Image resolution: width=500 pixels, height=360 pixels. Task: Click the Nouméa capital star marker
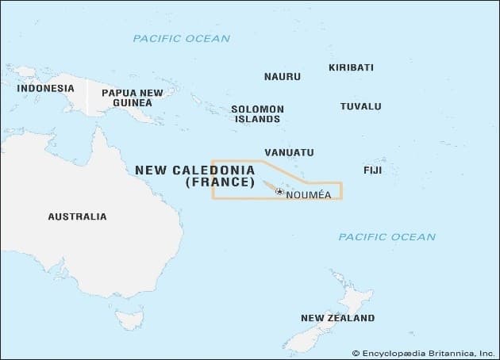pyautogui.click(x=279, y=191)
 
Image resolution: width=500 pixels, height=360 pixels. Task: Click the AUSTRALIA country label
pyautogui.click(x=77, y=216)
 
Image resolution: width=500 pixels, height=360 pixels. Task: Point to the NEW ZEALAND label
pyautogui.click(x=337, y=318)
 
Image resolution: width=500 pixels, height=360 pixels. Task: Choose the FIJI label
pyautogui.click(x=372, y=170)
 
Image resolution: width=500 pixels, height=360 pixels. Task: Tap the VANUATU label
pyautogui.click(x=289, y=152)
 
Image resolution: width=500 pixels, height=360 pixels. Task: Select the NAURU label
pyautogui.click(x=282, y=77)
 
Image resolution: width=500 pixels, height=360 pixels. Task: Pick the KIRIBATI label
pyautogui.click(x=351, y=67)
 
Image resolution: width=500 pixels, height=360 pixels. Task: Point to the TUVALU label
pyautogui.click(x=360, y=106)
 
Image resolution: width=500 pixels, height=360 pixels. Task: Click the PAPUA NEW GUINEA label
pyautogui.click(x=133, y=98)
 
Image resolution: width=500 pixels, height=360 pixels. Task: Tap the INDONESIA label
pyautogui.click(x=45, y=88)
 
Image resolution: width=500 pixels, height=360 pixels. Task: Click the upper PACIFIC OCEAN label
pyautogui.click(x=181, y=38)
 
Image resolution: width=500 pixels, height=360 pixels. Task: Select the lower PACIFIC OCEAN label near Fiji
pyautogui.click(x=387, y=236)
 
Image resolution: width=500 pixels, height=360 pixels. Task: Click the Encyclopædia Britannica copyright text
pyautogui.click(x=423, y=352)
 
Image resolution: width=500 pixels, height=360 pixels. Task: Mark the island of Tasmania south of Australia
pyautogui.click(x=126, y=319)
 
